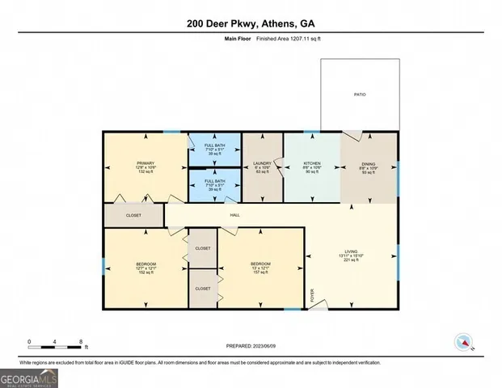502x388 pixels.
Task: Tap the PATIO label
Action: [360, 95]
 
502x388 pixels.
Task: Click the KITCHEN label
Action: [312, 162]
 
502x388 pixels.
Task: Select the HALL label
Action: [234, 215]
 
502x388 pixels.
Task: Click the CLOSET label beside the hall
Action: [133, 216]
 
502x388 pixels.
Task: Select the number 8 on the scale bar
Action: [81, 341]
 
